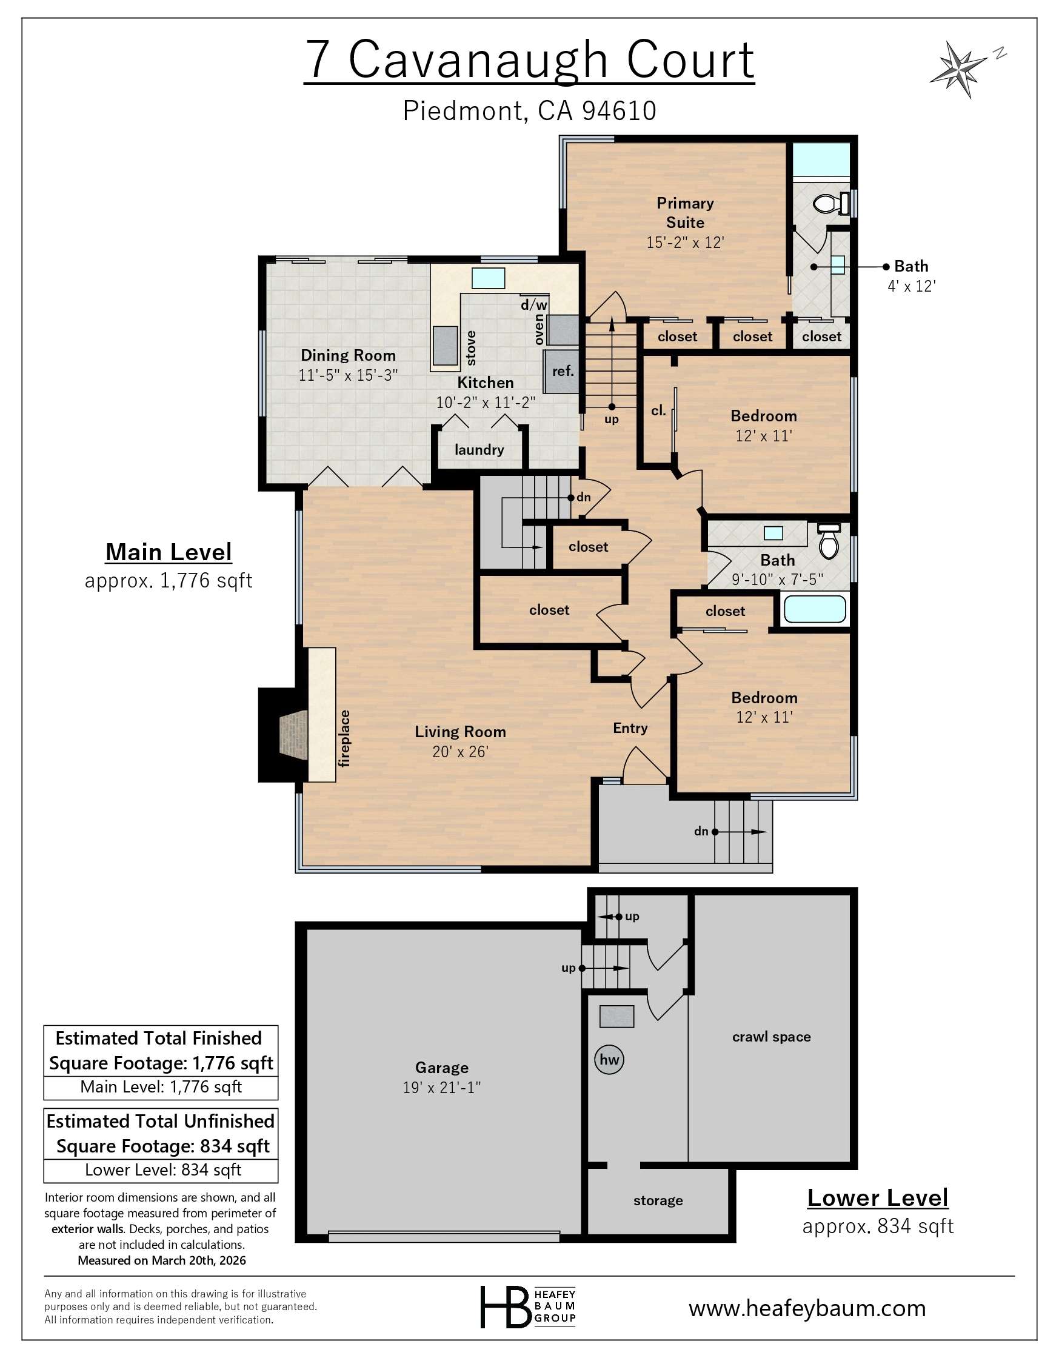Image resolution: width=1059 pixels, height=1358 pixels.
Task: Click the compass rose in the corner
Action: tap(958, 68)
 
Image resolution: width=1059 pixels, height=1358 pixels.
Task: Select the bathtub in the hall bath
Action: tap(815, 609)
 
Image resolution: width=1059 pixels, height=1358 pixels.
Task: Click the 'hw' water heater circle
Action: tap(609, 1060)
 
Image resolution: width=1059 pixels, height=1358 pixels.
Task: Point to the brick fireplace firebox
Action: tap(293, 735)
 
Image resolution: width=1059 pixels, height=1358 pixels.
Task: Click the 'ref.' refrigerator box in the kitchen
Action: tap(563, 371)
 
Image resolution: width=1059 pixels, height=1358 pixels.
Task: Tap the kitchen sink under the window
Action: tap(488, 278)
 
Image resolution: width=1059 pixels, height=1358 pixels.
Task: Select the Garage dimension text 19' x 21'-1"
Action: tap(441, 1088)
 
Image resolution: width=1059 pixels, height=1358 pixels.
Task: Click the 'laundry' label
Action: tap(479, 450)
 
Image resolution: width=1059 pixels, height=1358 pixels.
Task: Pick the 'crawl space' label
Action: tap(771, 1037)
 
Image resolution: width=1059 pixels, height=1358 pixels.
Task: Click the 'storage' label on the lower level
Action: tap(658, 1200)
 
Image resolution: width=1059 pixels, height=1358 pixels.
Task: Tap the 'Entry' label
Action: tap(630, 728)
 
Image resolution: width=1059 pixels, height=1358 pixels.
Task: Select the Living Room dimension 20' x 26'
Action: tap(460, 752)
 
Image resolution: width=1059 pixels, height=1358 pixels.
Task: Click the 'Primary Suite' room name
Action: tap(684, 213)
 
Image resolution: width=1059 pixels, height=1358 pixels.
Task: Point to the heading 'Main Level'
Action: tap(169, 552)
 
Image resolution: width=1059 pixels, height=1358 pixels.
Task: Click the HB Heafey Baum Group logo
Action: tap(528, 1306)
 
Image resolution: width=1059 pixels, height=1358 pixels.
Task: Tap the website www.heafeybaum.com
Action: tap(807, 1308)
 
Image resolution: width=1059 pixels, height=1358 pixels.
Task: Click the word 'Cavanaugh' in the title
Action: tap(478, 60)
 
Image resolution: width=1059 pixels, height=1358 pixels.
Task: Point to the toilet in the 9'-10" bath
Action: tap(828, 541)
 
